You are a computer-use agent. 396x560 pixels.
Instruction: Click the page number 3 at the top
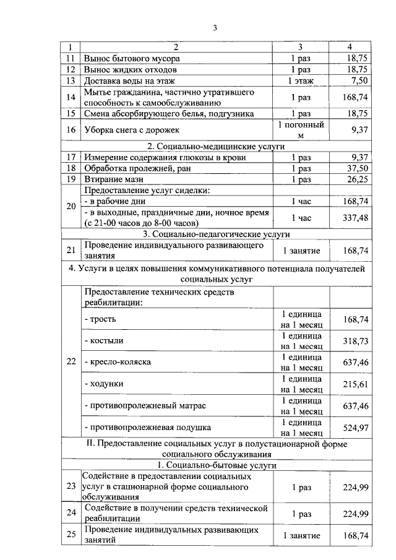(215, 28)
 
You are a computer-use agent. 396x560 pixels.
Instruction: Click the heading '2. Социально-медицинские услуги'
(216, 147)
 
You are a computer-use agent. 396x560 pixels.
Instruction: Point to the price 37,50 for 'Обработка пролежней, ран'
(356, 168)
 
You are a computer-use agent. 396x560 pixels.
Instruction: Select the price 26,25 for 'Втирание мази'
(356, 179)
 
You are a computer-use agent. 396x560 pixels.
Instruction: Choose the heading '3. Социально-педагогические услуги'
(216, 234)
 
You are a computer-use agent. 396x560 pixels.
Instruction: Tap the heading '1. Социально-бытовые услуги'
(216, 465)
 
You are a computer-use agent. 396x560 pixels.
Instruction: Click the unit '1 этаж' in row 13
(301, 80)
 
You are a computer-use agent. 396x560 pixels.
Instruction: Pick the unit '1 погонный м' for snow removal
(301, 130)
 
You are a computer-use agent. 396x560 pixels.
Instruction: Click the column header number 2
(176, 48)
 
